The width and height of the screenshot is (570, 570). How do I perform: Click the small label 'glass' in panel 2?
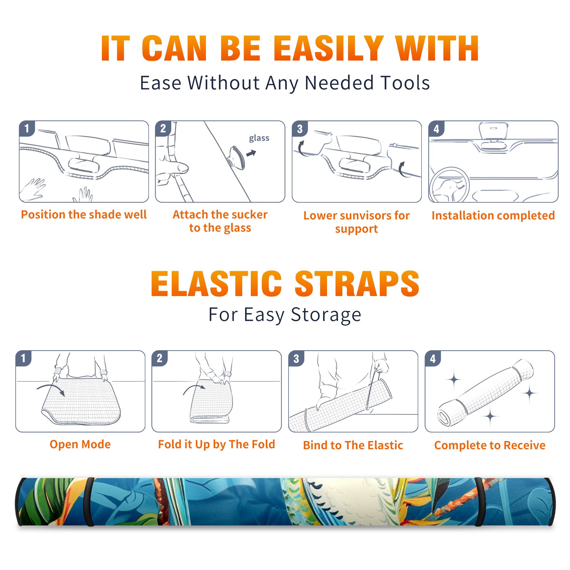click(x=259, y=138)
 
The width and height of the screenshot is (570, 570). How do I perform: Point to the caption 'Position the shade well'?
click(x=84, y=214)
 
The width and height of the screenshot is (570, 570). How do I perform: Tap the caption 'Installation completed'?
click(x=493, y=216)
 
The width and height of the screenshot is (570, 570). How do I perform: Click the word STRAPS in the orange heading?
click(x=357, y=284)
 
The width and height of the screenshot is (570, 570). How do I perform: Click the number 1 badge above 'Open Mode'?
click(x=24, y=358)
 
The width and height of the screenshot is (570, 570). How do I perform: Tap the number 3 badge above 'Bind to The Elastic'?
click(x=296, y=358)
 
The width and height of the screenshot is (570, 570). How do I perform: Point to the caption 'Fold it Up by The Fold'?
click(x=217, y=444)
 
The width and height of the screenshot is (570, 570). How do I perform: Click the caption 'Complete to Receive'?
click(x=490, y=445)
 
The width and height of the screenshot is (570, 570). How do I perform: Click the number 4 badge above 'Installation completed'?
click(x=436, y=129)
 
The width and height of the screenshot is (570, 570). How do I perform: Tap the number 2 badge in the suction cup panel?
click(x=163, y=129)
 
